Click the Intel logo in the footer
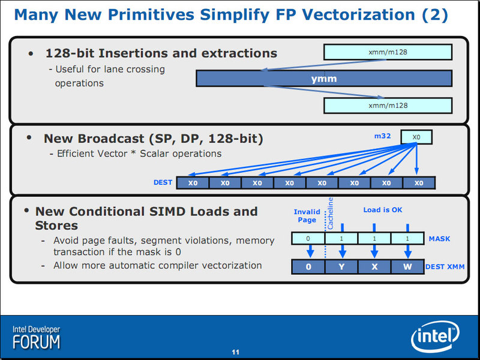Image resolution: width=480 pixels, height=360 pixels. click(x=435, y=336)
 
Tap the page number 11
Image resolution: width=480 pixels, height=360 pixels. click(x=235, y=352)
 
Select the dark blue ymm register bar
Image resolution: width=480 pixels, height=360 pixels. click(x=324, y=79)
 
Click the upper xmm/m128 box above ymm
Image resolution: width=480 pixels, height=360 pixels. click(x=388, y=52)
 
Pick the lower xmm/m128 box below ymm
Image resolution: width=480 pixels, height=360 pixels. click(x=388, y=106)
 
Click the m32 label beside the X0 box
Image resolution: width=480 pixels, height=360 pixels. click(x=382, y=136)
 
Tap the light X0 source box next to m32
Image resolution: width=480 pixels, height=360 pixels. click(x=416, y=137)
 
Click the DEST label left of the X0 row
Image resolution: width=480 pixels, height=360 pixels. click(x=163, y=182)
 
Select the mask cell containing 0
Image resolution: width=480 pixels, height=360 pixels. click(x=308, y=238)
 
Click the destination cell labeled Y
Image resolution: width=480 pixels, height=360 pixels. click(x=341, y=266)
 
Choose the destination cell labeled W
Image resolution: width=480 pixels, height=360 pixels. click(x=407, y=266)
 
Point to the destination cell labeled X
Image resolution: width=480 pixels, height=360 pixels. click(x=374, y=266)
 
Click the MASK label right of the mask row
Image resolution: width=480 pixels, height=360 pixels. click(x=439, y=239)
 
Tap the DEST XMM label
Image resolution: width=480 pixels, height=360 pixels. click(x=445, y=267)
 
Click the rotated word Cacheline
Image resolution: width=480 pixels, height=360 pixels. click(x=330, y=213)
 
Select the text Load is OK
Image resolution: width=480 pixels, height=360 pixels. click(x=383, y=210)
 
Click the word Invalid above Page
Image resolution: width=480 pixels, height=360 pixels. click(x=307, y=212)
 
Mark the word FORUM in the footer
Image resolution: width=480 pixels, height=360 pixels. click(x=37, y=342)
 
